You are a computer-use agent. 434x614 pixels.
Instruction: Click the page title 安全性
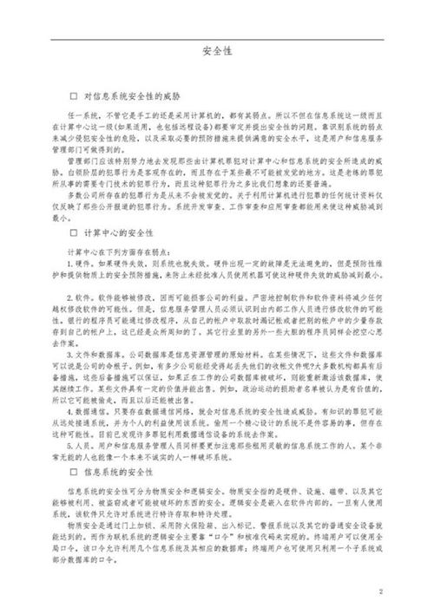tap(216, 51)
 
